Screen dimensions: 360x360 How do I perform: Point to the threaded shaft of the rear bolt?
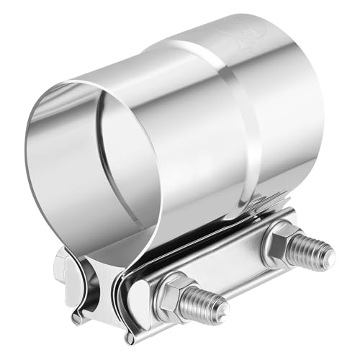click(x=310, y=249)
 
